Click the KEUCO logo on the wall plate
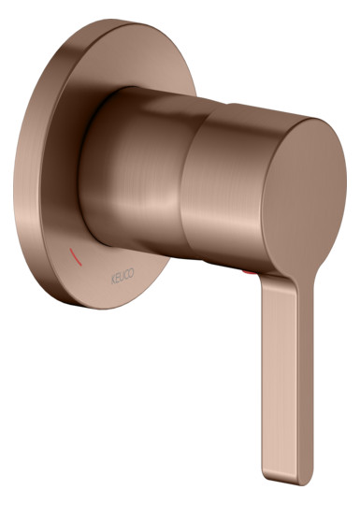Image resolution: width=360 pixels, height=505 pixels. pyautogui.click(x=122, y=276)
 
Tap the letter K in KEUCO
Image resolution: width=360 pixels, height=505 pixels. pyautogui.click(x=113, y=280)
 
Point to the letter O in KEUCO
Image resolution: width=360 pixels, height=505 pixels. pyautogui.click(x=132, y=272)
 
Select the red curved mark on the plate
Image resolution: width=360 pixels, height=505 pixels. pyautogui.click(x=76, y=256)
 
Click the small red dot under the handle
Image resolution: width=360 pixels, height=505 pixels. pyautogui.click(x=250, y=272)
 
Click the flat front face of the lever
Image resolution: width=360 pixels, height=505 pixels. pyautogui.click(x=280, y=380)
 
